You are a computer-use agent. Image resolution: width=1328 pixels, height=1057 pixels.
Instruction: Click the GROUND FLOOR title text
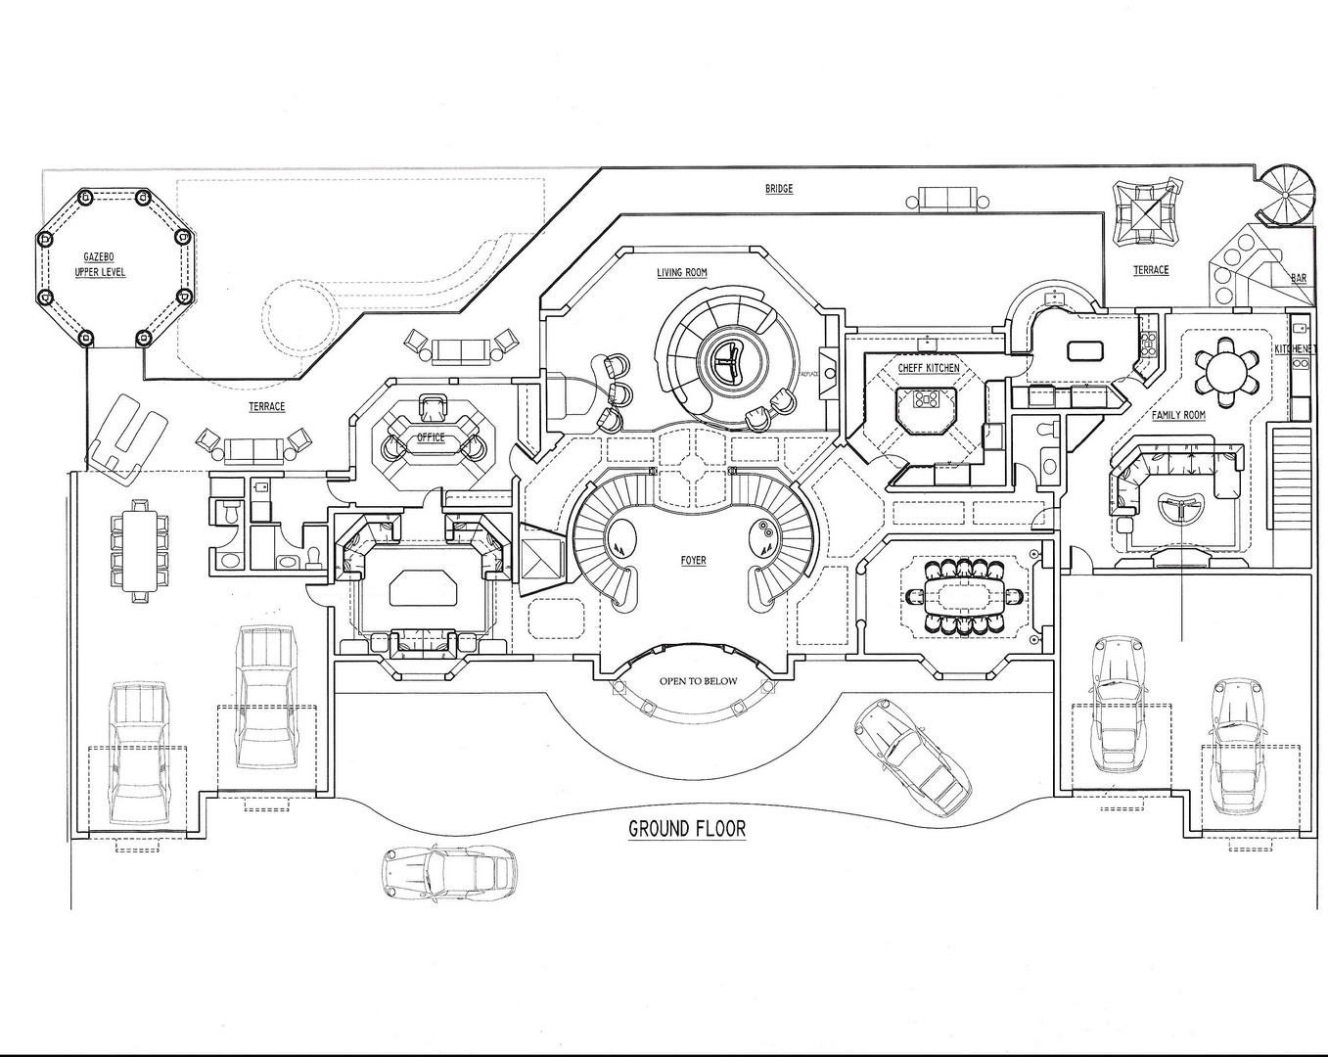click(686, 829)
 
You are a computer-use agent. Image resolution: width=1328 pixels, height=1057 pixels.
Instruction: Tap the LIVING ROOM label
click(682, 273)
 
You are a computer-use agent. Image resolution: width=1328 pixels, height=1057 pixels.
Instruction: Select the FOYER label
click(694, 561)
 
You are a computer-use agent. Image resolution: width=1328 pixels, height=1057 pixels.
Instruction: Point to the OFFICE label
click(431, 437)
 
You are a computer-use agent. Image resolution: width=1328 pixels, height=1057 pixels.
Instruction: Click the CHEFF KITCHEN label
click(929, 368)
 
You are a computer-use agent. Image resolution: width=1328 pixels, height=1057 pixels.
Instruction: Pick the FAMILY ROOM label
click(1178, 415)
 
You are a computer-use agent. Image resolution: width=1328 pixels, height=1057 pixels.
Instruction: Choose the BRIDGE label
click(779, 189)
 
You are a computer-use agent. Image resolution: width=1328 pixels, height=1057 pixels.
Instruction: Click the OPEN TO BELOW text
click(698, 681)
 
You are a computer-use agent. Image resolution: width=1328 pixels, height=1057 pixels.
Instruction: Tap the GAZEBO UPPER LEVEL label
click(101, 264)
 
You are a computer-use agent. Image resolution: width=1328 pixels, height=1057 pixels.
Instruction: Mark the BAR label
click(1299, 279)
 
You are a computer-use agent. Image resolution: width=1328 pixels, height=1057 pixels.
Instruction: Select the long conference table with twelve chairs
click(965, 596)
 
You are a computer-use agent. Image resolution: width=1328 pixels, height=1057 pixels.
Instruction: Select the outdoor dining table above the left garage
click(139, 547)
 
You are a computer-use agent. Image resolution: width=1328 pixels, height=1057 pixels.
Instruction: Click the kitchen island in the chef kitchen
click(926, 402)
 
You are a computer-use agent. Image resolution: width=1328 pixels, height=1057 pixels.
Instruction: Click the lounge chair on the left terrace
click(126, 437)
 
